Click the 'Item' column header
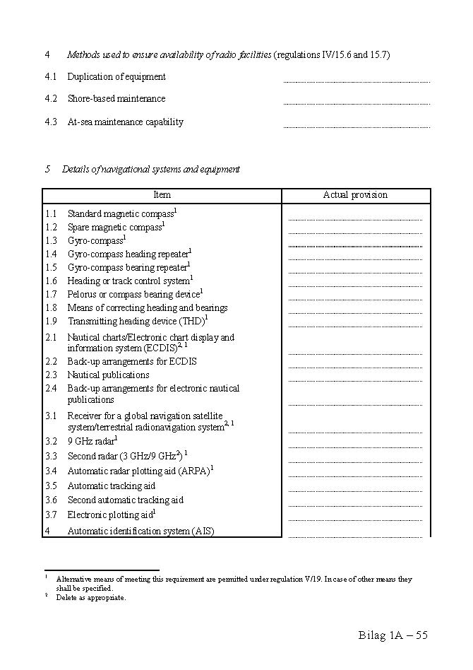point(162,195)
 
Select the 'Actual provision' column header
point(355,195)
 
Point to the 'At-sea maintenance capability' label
point(125,122)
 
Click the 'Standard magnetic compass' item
point(121,213)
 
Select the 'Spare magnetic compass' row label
point(115,228)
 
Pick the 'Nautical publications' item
point(108,375)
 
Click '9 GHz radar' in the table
point(91,441)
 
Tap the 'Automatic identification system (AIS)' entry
point(140,531)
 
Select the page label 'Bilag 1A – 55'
point(393,635)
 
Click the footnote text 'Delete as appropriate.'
point(91,598)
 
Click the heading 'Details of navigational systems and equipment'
point(150,170)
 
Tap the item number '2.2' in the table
point(51,362)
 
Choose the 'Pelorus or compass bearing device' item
point(133,295)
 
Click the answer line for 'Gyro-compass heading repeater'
point(355,258)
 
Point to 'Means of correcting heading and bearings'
point(148,308)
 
